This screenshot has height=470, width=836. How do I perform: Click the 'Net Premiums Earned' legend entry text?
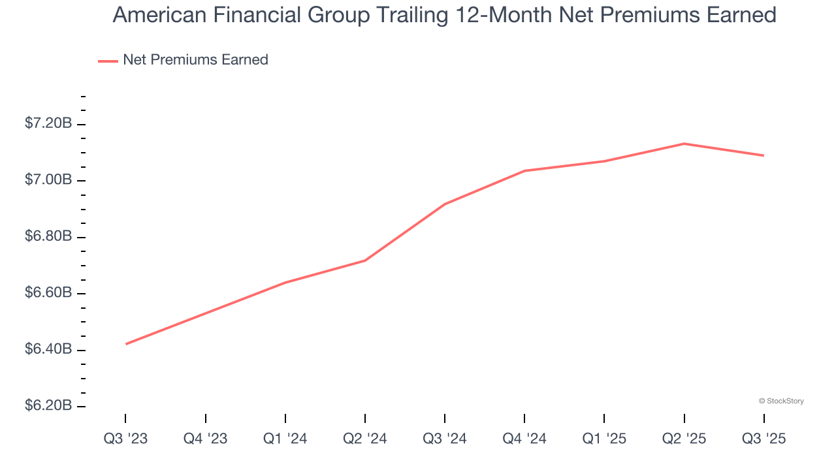[x=195, y=60]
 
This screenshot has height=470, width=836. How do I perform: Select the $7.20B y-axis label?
[x=48, y=123]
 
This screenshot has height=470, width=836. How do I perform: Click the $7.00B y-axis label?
[x=48, y=180]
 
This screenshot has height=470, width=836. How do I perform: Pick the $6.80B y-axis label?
[x=48, y=236]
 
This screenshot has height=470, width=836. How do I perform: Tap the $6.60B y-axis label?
[x=48, y=292]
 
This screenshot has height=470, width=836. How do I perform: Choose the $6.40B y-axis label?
[x=48, y=349]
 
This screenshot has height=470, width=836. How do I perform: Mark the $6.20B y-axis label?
[x=48, y=406]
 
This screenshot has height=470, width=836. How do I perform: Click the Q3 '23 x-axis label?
[x=125, y=439]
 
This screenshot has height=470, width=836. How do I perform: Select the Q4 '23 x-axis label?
[x=205, y=439]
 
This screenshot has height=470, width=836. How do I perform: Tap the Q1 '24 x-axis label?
[x=285, y=439]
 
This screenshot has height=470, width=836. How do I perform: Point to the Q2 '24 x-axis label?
[x=364, y=439]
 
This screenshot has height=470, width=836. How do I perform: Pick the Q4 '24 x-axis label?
[x=524, y=439]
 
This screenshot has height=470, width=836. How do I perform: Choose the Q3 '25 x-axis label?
[x=764, y=439]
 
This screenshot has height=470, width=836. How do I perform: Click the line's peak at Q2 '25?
[x=684, y=144]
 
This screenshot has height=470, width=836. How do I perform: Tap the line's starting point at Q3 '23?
[x=126, y=344]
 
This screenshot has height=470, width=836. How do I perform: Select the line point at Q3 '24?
[x=445, y=204]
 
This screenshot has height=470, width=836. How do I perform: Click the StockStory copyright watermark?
[x=781, y=401]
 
